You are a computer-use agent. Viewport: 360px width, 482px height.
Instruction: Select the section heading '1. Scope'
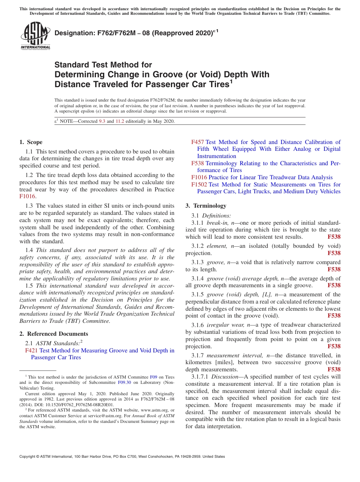point(31,142)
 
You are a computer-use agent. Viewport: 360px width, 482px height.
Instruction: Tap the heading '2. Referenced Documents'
point(53,334)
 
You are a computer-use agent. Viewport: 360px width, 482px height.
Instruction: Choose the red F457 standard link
point(197,142)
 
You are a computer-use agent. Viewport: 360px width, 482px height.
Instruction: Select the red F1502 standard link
point(200,185)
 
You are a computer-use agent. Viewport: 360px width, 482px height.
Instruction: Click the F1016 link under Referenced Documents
point(199,177)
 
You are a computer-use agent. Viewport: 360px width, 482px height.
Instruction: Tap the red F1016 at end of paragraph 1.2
point(28,196)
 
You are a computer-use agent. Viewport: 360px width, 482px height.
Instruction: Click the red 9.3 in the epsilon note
point(102,121)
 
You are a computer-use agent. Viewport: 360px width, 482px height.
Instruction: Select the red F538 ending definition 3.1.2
point(334,253)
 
